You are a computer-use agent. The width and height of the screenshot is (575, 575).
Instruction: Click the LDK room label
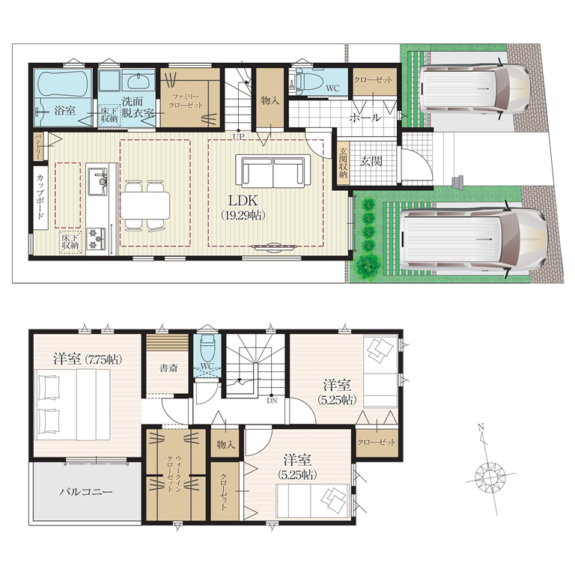click(243, 201)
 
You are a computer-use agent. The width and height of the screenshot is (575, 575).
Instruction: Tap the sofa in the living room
click(273, 171)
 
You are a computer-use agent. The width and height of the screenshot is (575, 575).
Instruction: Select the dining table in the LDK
click(145, 205)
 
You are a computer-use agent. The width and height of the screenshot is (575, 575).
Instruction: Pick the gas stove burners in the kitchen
click(97, 239)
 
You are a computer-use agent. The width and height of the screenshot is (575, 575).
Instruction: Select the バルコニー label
click(85, 491)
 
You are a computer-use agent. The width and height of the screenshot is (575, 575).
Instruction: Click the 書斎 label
click(168, 368)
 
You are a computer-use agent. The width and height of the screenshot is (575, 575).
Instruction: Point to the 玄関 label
click(371, 161)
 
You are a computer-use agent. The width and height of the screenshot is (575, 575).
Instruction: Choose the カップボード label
click(40, 197)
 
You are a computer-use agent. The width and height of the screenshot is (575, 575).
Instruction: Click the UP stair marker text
click(238, 137)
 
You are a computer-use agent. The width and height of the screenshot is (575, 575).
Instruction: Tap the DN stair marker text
click(272, 401)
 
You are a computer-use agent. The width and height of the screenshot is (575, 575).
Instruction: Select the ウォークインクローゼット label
click(174, 473)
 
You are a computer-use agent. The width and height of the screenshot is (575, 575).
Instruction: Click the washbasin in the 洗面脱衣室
click(139, 82)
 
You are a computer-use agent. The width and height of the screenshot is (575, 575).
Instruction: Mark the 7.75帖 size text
click(103, 359)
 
